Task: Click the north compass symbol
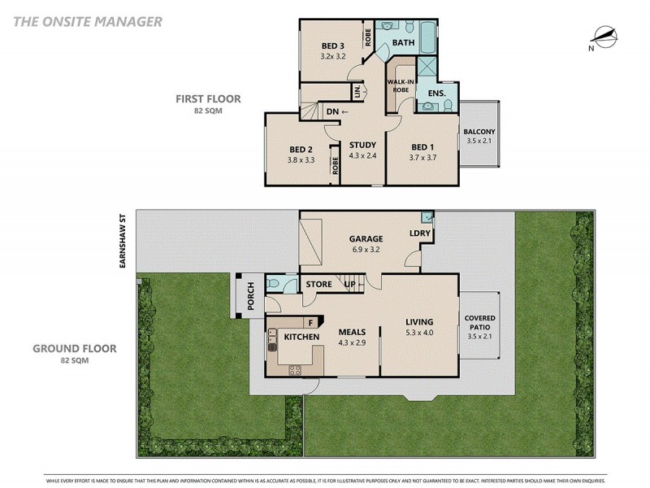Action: [x=603, y=37]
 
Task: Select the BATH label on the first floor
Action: [x=404, y=41]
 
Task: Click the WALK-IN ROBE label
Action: [x=398, y=85]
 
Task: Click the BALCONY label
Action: [x=479, y=132]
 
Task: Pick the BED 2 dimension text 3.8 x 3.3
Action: [x=301, y=160]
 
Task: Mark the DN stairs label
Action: [x=332, y=111]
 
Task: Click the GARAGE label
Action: [x=366, y=239]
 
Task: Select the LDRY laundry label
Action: [x=420, y=234]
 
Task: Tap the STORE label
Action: [x=318, y=284]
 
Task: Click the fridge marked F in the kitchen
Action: [x=311, y=323]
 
